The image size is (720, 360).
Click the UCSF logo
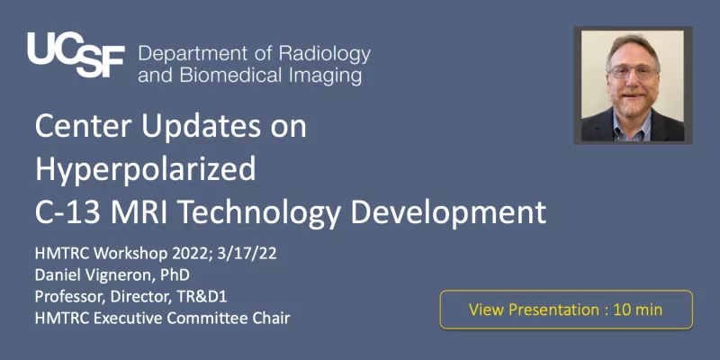[76, 55]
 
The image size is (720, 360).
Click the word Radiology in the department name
[324, 55]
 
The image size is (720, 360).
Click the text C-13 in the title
[67, 212]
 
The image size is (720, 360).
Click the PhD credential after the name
[175, 275]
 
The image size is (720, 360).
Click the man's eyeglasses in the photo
[634, 71]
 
